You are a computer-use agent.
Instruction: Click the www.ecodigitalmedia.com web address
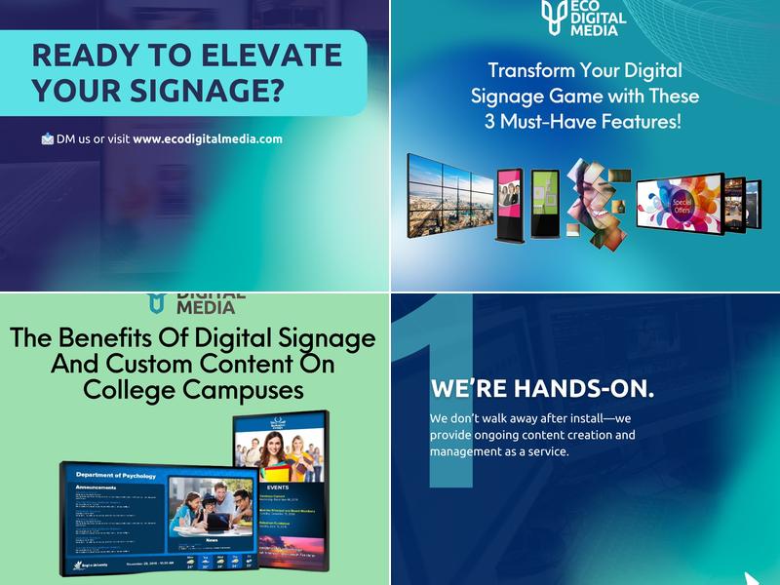click(x=208, y=138)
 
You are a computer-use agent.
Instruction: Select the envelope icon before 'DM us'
click(x=47, y=138)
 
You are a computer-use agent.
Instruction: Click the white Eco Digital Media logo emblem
click(x=554, y=17)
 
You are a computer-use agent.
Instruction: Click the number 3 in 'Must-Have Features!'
click(x=491, y=122)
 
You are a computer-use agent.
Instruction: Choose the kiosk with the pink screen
click(x=510, y=203)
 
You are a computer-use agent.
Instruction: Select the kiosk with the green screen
click(x=544, y=202)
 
